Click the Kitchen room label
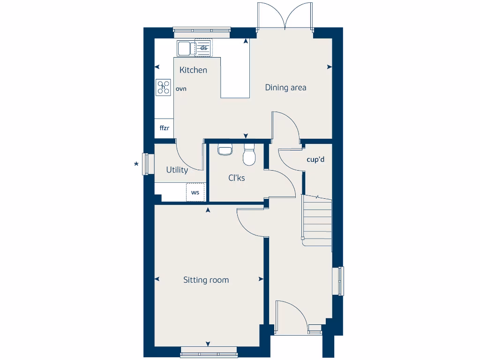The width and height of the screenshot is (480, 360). [193, 70]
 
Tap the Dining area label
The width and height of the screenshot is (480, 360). [285, 87]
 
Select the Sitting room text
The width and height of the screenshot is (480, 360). [206, 280]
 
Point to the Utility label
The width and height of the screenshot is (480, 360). [177, 170]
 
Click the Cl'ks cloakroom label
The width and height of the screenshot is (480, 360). [236, 178]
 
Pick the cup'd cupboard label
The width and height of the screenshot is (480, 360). [315, 159]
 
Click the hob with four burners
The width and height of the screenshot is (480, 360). [164, 87]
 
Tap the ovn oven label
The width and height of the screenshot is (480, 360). [181, 88]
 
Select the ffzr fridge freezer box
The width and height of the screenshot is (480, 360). [164, 128]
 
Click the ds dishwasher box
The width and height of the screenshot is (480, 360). [203, 47]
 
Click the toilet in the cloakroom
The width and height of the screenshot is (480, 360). [249, 155]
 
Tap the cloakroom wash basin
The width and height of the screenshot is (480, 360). [225, 150]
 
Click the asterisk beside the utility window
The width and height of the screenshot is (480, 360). [136, 164]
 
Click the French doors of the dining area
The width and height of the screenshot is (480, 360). [285, 16]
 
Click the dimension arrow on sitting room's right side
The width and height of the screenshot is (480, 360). [261, 279]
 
